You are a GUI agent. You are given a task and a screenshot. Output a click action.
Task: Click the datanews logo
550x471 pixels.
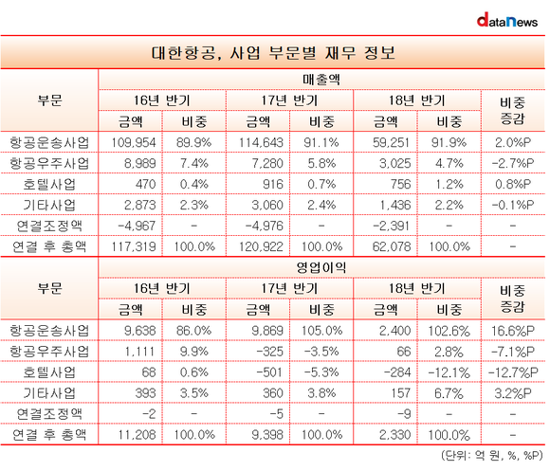click(507, 20)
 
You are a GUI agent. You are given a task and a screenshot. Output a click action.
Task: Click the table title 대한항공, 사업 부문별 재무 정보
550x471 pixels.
click(273, 53)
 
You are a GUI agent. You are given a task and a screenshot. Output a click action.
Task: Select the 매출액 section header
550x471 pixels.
click(321, 80)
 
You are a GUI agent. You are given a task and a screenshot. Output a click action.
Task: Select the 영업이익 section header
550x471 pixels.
click(321, 268)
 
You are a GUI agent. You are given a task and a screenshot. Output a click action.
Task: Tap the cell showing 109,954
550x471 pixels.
click(134, 143)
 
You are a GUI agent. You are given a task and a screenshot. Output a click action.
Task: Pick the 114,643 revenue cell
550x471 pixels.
click(261, 143)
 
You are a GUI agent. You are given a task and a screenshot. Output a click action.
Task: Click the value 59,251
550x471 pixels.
click(391, 143)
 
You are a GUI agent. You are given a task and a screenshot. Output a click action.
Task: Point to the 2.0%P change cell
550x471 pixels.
click(513, 143)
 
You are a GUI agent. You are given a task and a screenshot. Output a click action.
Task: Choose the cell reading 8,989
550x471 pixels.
click(140, 163)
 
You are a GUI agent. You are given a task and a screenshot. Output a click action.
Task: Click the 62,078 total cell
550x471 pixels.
click(391, 246)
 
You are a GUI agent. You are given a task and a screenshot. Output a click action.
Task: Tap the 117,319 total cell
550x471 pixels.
click(134, 246)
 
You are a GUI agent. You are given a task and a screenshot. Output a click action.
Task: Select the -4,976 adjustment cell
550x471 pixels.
click(265, 226)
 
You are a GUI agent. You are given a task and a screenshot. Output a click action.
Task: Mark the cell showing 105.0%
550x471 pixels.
click(321, 331)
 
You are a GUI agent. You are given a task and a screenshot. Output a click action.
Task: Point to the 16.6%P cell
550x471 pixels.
click(513, 331)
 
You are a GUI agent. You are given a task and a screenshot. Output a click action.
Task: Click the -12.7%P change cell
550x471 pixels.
click(513, 372)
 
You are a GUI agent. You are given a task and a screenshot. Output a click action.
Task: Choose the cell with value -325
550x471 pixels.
click(269, 352)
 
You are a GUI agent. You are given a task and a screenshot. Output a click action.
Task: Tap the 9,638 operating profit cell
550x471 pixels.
click(140, 331)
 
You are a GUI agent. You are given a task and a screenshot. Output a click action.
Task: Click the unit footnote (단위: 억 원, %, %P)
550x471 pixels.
click(492, 455)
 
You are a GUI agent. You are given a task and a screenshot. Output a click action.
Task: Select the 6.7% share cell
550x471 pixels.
click(449, 393)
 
